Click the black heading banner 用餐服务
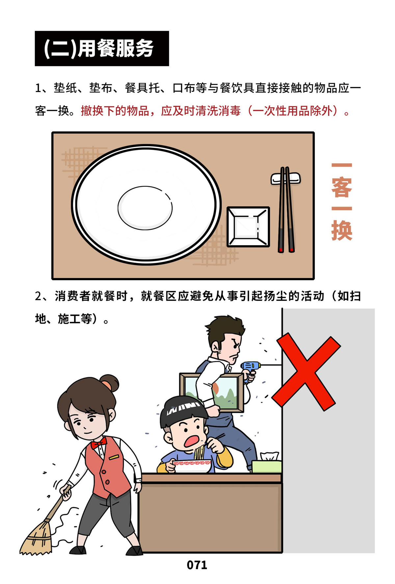102,48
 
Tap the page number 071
197,565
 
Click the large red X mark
306,372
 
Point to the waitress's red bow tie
99,444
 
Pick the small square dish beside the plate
248,227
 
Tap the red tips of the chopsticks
286,250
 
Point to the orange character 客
342,187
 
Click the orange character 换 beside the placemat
342,230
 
